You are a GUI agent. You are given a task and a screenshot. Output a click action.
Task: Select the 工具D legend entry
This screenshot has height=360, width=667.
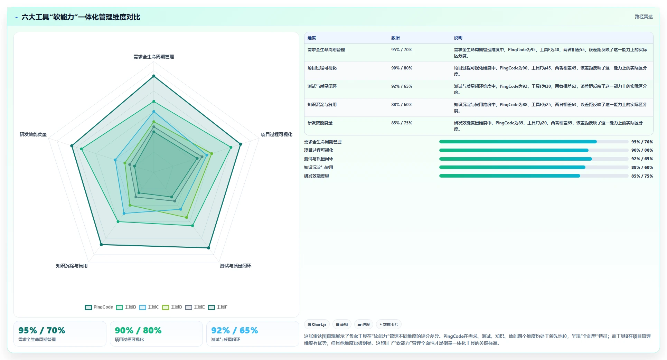point(172,307)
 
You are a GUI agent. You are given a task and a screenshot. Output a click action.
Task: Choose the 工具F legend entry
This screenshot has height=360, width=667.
point(218,307)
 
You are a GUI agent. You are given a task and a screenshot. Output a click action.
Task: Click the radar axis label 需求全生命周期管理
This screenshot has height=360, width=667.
point(154,57)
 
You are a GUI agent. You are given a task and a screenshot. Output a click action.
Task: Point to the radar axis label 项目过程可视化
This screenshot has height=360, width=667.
point(276,134)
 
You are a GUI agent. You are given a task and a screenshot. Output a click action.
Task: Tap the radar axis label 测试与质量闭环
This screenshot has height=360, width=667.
point(236,266)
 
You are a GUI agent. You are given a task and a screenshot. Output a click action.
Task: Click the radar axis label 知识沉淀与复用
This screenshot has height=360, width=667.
point(72,266)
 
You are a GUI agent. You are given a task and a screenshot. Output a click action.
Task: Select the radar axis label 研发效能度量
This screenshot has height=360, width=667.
point(33,134)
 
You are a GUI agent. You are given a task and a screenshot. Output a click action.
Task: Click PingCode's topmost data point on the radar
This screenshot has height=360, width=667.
point(154,76)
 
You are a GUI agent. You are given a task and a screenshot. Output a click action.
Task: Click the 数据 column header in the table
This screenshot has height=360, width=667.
point(395,38)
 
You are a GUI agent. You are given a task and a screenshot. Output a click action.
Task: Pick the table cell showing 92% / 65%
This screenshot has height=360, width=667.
point(402,86)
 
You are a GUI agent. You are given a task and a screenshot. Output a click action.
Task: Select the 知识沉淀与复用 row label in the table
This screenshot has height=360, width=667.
point(322,105)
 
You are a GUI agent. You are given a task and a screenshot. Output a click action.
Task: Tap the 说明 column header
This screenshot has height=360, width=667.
point(458,38)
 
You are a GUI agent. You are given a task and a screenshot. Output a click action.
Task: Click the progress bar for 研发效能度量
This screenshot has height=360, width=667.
point(534,176)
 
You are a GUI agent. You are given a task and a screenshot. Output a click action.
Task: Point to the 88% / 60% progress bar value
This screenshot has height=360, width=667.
point(642,168)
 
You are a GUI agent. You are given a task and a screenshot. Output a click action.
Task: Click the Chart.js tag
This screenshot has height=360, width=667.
point(317,324)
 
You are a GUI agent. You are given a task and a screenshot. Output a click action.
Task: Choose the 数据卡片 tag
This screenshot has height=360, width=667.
point(389,324)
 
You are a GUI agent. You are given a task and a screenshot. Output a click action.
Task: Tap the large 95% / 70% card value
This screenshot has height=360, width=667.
point(42,330)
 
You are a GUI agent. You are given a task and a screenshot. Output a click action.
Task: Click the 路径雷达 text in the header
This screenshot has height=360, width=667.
point(643,17)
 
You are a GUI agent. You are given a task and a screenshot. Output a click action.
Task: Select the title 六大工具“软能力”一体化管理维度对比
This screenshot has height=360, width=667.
point(81,17)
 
